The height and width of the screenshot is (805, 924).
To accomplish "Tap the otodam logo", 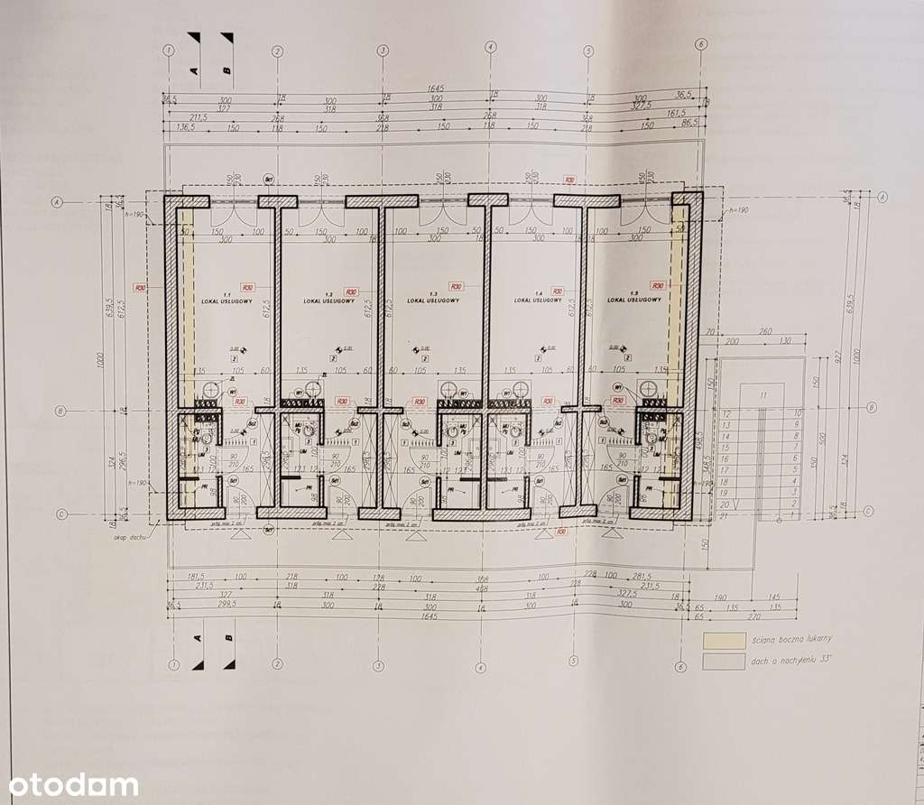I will pos(70,784).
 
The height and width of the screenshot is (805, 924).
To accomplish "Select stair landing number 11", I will pos(763,395).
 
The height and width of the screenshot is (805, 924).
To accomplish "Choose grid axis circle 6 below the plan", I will pos(679,667).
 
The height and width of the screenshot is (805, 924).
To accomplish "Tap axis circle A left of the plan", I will pos(57,202).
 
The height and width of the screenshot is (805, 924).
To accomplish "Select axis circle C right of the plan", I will pos(868,512).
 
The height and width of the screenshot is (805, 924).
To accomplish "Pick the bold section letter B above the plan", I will pos(227,68).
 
